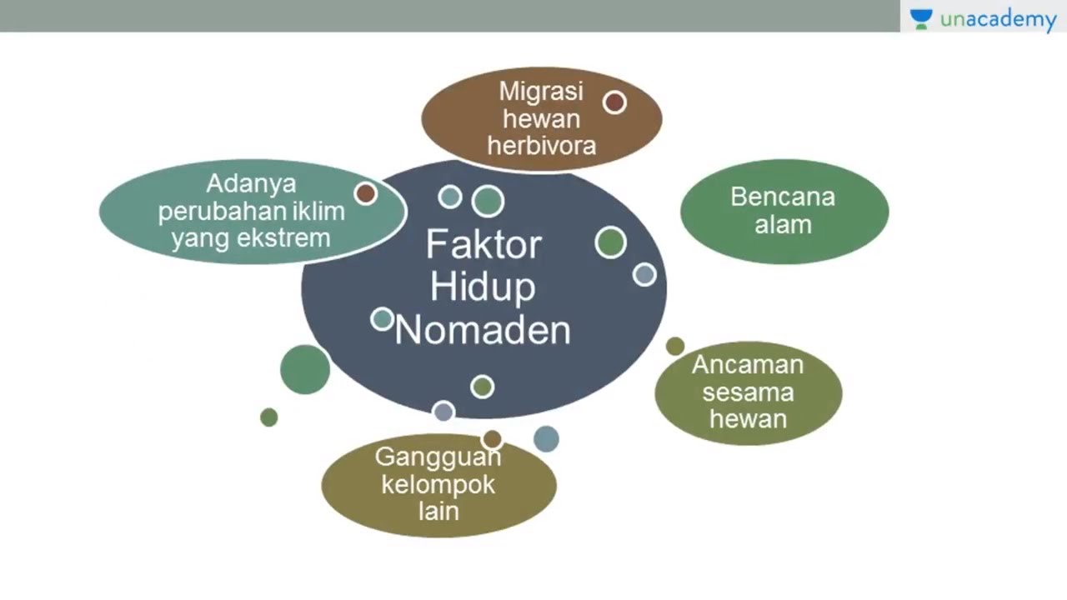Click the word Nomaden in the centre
pyautogui.click(x=483, y=330)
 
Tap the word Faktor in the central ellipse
pyautogui.click(x=483, y=244)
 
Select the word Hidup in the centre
pyautogui.click(x=483, y=287)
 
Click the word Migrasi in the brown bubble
pyautogui.click(x=541, y=92)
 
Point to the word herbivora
pyautogui.click(x=542, y=146)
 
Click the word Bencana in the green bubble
pyautogui.click(x=783, y=197)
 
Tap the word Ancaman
pyautogui.click(x=748, y=365)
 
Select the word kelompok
pyautogui.click(x=438, y=485)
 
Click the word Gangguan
pyautogui.click(x=438, y=457)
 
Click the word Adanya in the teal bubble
pyautogui.click(x=251, y=184)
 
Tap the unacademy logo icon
pyautogui.click(x=921, y=19)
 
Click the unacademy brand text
pyautogui.click(x=999, y=20)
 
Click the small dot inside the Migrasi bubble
pyautogui.click(x=614, y=102)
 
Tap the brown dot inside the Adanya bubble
pyautogui.click(x=366, y=193)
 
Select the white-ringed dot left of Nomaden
pyautogui.click(x=383, y=319)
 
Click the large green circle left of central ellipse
pyautogui.click(x=305, y=369)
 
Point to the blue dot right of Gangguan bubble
pyautogui.click(x=546, y=438)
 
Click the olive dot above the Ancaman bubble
pyautogui.click(x=675, y=346)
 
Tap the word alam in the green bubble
pyautogui.click(x=783, y=225)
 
